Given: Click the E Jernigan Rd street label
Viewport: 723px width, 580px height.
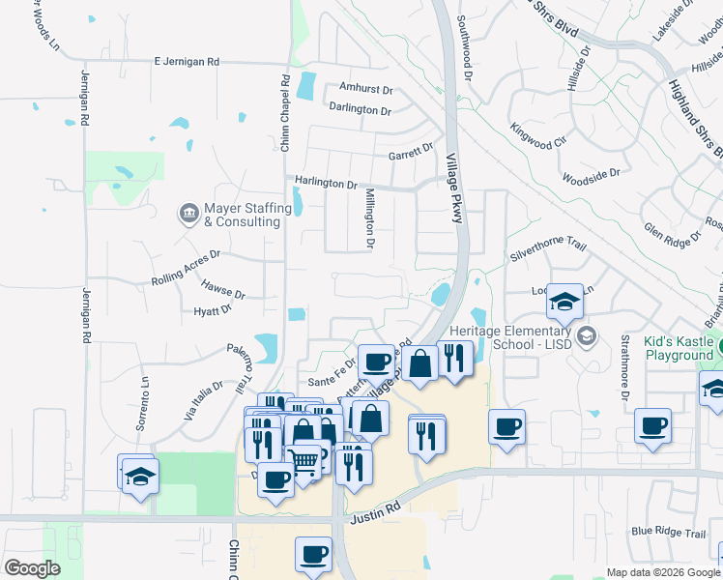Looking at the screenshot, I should coord(187,61).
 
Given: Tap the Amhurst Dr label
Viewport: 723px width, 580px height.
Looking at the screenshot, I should coord(365,89).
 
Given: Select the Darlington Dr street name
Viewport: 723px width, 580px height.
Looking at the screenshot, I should coord(360,109).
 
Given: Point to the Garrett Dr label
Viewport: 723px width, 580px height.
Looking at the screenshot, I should coord(411,153).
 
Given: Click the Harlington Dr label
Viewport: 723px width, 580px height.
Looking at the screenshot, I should coord(327,184).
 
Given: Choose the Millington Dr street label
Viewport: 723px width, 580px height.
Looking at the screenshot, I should coord(369,219).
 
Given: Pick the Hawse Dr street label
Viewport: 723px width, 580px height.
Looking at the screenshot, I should coord(223,289).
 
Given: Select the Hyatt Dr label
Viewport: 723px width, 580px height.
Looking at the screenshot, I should coord(213,310).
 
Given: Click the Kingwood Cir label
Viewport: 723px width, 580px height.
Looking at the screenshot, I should coord(538,136).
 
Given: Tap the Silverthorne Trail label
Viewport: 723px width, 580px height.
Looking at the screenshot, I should coord(548,253).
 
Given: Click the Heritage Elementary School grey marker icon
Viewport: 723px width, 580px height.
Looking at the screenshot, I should coord(586,336).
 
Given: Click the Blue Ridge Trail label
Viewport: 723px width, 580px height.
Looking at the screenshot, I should coord(669,532).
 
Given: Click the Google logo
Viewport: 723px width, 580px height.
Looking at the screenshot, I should coord(32,567).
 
